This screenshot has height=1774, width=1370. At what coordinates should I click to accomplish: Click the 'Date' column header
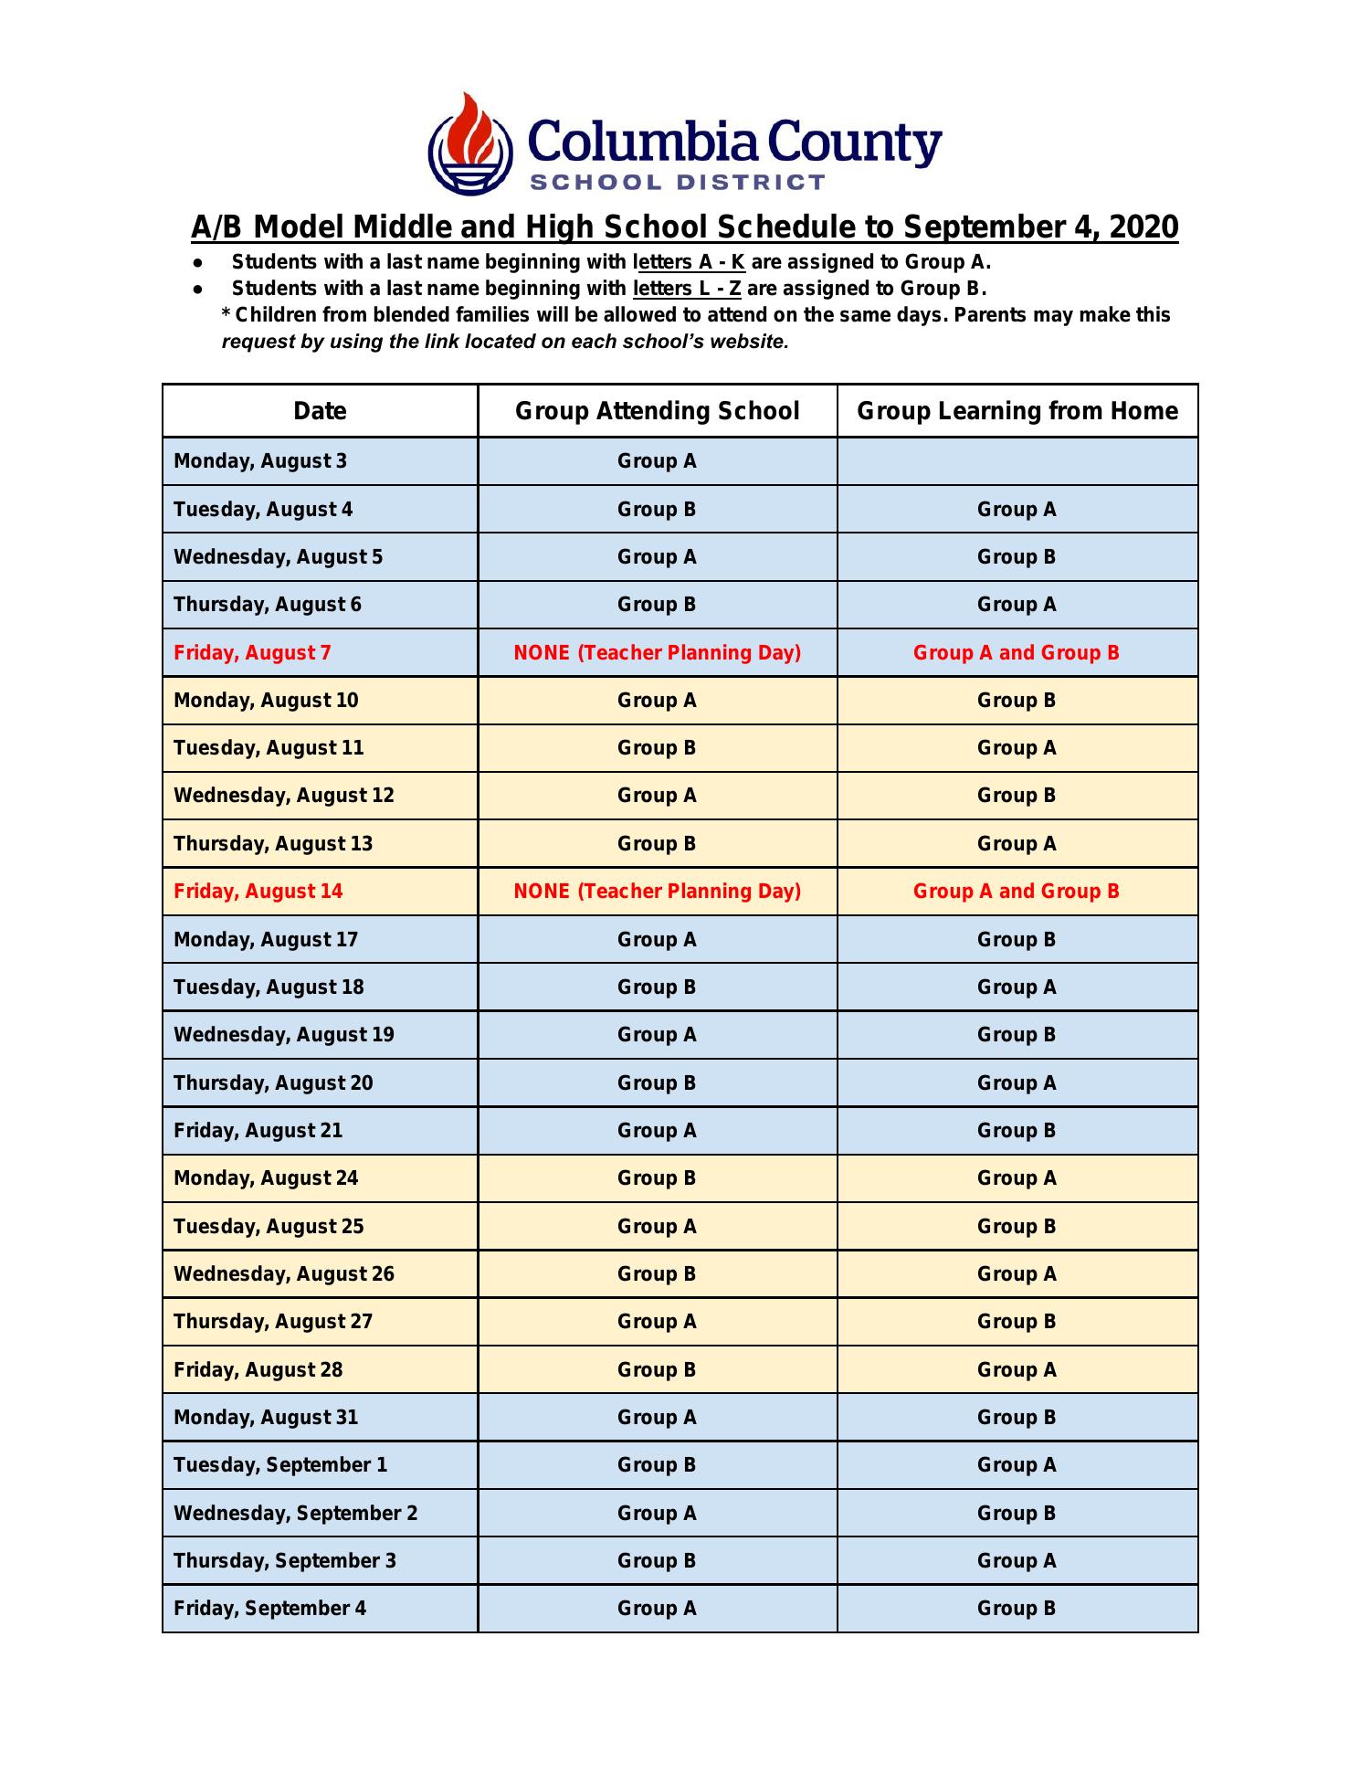pos(320,411)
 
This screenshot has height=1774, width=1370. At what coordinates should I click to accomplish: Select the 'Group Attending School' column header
pos(657,411)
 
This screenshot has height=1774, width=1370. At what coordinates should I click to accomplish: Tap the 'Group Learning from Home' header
pos(1017,411)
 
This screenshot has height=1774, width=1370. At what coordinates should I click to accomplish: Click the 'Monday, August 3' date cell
pos(260,461)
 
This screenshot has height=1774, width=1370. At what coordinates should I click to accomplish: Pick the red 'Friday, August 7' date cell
pos(252,653)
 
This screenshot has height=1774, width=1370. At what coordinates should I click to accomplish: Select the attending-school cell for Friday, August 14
pos(657,892)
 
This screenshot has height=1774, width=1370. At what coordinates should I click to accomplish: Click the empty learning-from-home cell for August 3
pos(1017,461)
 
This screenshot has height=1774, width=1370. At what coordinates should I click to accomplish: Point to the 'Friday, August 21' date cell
pos(258,1131)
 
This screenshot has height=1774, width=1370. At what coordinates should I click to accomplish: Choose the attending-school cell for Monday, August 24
pos(657,1178)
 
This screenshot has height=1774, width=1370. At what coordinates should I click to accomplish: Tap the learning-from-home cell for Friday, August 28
pos(1017,1369)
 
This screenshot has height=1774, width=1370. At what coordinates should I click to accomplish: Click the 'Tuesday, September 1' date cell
pos(280,1465)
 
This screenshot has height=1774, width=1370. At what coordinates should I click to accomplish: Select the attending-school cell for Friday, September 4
pos(657,1609)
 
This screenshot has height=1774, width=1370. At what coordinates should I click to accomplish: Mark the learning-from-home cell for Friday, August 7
pos(1017,653)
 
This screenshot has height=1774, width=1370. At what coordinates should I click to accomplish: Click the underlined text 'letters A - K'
pos(690,262)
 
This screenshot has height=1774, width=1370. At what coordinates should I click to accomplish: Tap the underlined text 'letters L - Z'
pos(687,289)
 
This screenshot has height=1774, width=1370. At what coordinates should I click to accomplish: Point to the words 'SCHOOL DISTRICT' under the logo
pos(678,182)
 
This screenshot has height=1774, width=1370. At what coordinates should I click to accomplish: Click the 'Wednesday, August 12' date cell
pos(284,796)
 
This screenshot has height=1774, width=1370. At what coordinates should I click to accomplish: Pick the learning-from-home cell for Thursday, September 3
pos(1017,1561)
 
